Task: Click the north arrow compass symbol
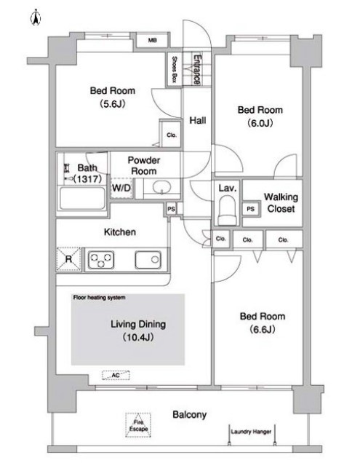pyautogui.click(x=36, y=17)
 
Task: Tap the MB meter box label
pyautogui.click(x=153, y=40)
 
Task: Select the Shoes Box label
pyautogui.click(x=175, y=69)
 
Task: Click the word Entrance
pyautogui.click(x=197, y=69)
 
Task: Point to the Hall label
pyautogui.click(x=198, y=120)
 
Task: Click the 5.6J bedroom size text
pyautogui.click(x=113, y=103)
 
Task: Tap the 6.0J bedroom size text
pyautogui.click(x=260, y=123)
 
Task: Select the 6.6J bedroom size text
pyautogui.click(x=263, y=329)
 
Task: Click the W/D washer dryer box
pyautogui.click(x=121, y=188)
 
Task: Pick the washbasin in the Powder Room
pyautogui.click(x=161, y=187)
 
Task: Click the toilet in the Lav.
pyautogui.click(x=227, y=210)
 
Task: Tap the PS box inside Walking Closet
pyautogui.click(x=251, y=209)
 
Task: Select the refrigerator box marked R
pyautogui.click(x=69, y=259)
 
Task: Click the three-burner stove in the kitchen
pyautogui.click(x=101, y=260)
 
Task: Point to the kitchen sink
pyautogui.click(x=148, y=260)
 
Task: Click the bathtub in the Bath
pyautogui.click(x=82, y=198)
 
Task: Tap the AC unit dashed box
pyautogui.click(x=116, y=375)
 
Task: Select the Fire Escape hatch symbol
pyautogui.click(x=138, y=425)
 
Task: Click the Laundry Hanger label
pyautogui.click(x=251, y=432)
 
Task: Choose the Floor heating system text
pyautogui.click(x=99, y=298)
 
